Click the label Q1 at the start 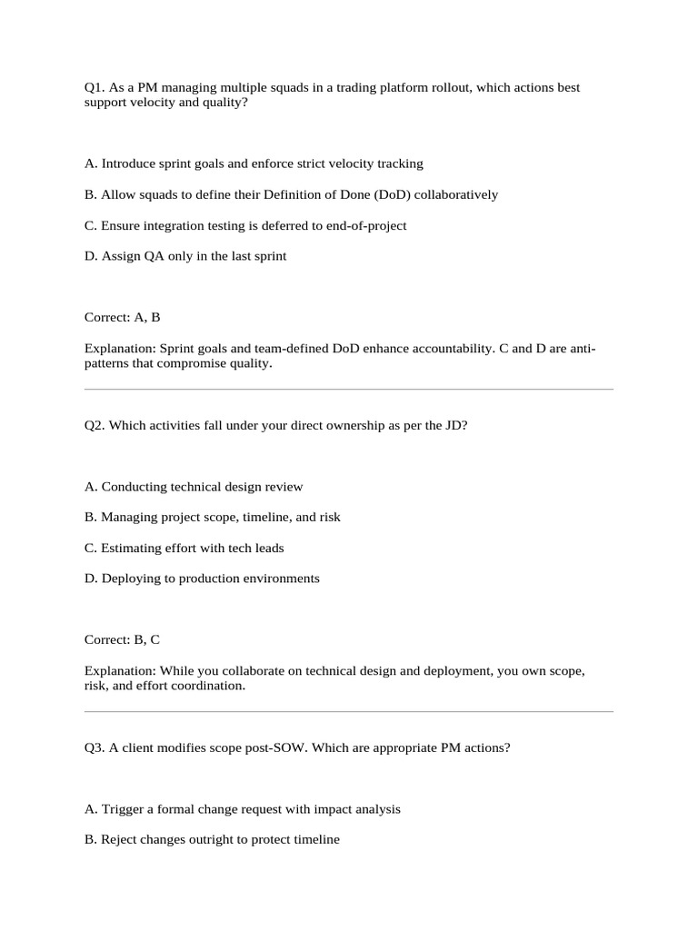coord(94,88)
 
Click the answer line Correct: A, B coord(122,318)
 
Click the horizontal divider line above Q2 coord(349,390)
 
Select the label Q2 coord(94,425)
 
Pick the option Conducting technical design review coord(194,487)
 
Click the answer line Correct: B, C coord(122,640)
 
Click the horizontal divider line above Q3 coord(349,712)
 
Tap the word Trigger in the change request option coord(122,809)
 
